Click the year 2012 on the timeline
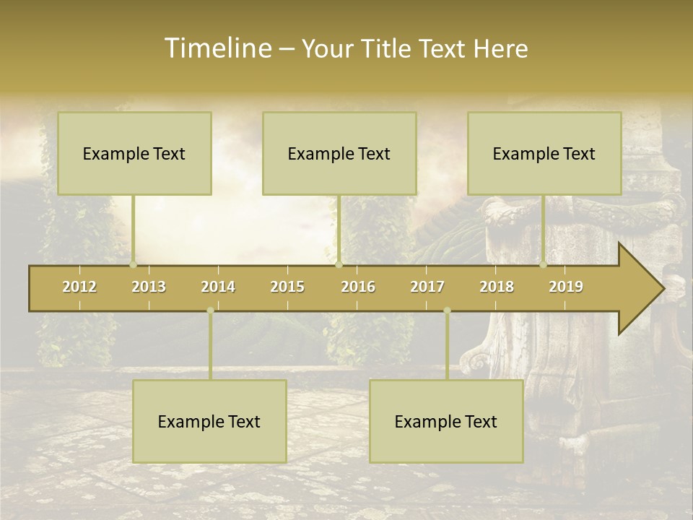click(x=79, y=287)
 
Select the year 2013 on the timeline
click(x=149, y=287)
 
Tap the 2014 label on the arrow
click(x=218, y=287)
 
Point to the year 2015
click(x=287, y=287)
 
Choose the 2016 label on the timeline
click(x=358, y=287)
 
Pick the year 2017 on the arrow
click(x=427, y=287)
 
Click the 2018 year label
click(x=497, y=287)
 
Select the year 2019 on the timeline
click(x=566, y=287)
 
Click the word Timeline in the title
click(x=217, y=48)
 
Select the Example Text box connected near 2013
click(x=134, y=153)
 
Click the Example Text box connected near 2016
click(x=339, y=153)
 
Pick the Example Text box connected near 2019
click(x=544, y=153)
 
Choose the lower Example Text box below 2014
click(x=209, y=421)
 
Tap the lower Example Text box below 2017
click(x=446, y=421)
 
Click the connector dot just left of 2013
click(x=133, y=264)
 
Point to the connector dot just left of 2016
click(x=339, y=264)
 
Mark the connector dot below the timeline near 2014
click(x=210, y=311)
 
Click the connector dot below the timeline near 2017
click(x=447, y=311)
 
